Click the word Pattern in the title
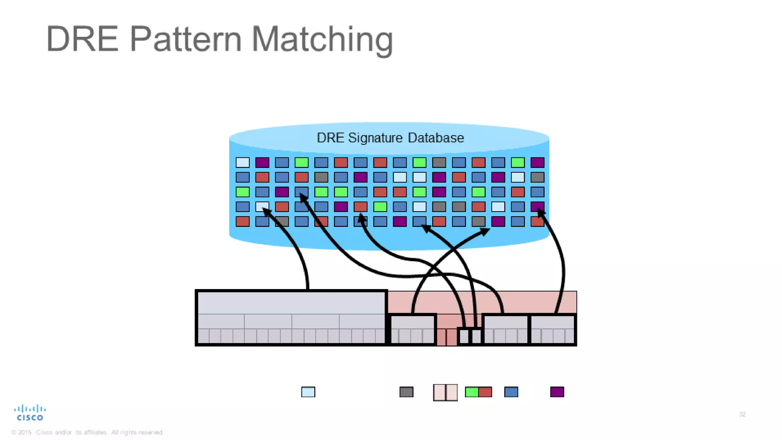186,39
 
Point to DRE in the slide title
82,39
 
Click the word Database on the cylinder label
436,138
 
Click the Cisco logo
30,413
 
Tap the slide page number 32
742,414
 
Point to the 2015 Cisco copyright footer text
87,432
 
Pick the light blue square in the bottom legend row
308,392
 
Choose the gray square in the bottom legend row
406,392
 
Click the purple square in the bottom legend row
557,392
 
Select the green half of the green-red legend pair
472,392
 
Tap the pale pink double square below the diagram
445,392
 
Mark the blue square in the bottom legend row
511,392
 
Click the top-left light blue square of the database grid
242,163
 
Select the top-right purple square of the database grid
537,163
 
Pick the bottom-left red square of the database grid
242,222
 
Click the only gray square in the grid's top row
439,163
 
